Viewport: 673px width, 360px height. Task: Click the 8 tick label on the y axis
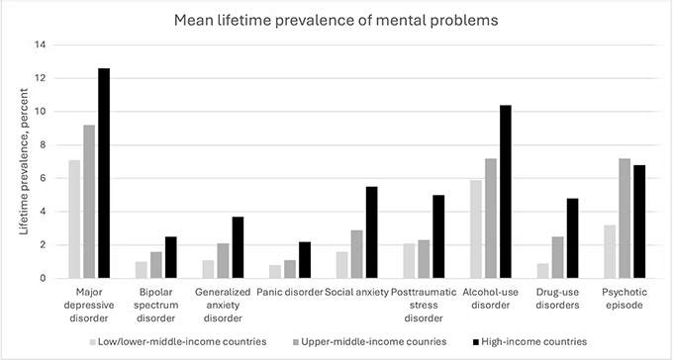tap(43, 144)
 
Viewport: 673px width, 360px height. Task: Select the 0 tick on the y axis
tap(43, 278)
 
